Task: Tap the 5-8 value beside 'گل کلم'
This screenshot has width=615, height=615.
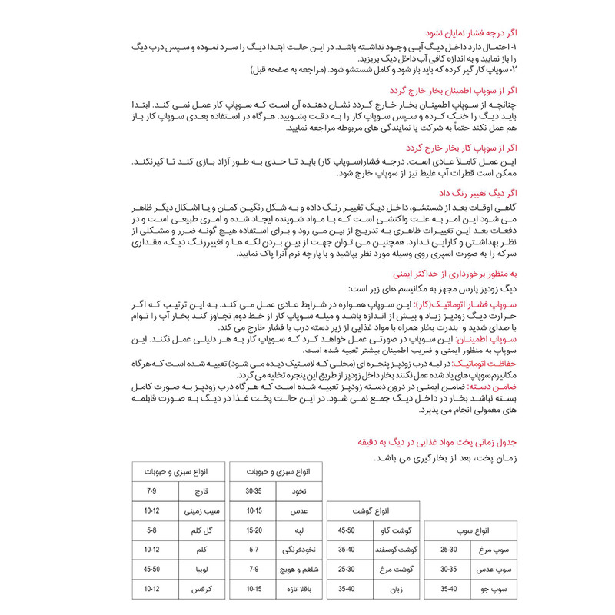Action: tap(152, 530)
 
